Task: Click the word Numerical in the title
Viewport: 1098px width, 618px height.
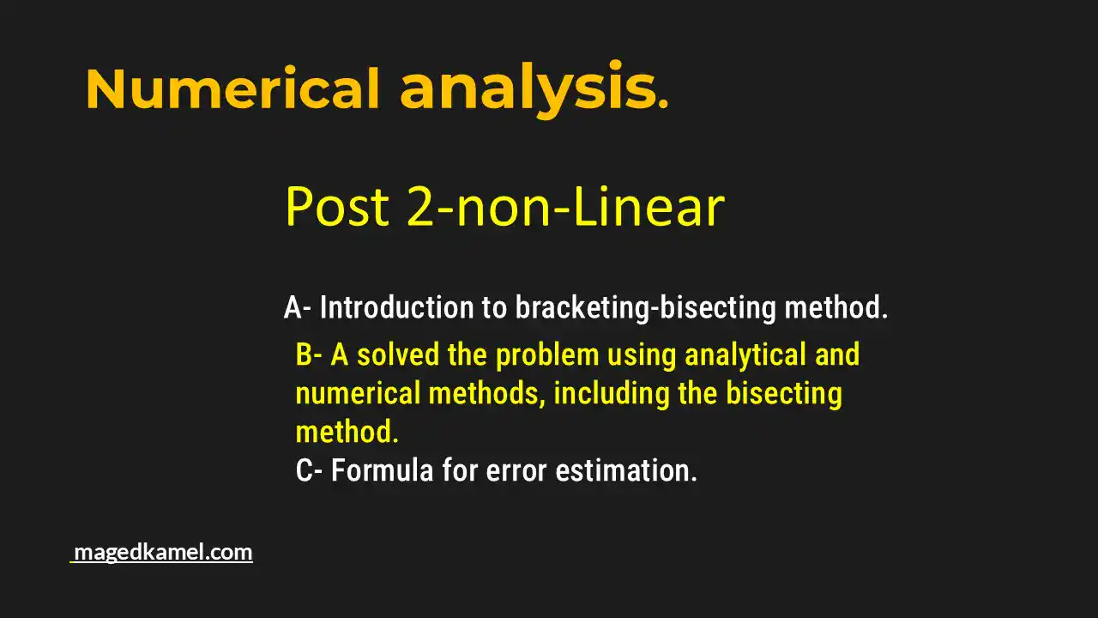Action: pos(232,89)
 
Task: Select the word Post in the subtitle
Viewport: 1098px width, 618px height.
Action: pos(339,207)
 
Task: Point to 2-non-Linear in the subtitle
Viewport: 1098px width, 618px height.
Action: pos(565,207)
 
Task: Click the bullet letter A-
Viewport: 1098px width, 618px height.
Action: pos(298,307)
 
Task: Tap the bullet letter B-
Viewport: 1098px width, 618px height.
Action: pos(310,354)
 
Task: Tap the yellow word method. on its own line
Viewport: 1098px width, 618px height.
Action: pos(347,432)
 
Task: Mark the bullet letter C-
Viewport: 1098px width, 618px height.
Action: pos(310,470)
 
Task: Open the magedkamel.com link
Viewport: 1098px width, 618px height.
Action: pos(163,552)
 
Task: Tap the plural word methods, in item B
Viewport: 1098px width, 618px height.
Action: pos(486,394)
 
